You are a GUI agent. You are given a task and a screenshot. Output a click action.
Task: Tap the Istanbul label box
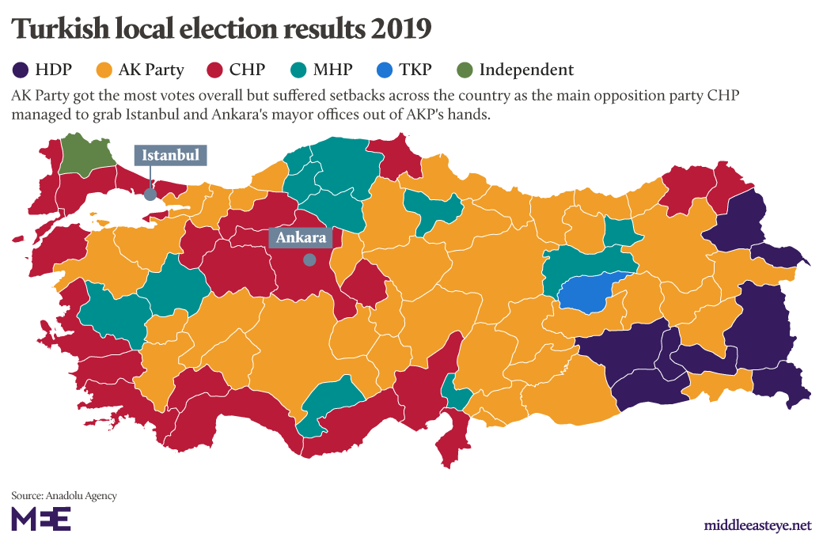(x=170, y=155)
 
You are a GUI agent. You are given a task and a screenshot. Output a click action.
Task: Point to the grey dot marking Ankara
(x=309, y=259)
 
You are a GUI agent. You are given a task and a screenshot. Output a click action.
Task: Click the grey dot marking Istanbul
(x=150, y=191)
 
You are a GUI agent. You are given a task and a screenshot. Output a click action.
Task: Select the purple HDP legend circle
(x=20, y=70)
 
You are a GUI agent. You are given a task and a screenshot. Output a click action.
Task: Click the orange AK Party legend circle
(x=104, y=70)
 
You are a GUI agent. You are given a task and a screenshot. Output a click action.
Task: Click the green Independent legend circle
(x=465, y=70)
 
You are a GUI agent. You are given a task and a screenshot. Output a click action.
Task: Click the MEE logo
(x=41, y=519)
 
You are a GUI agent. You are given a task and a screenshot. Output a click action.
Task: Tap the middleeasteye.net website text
(x=757, y=525)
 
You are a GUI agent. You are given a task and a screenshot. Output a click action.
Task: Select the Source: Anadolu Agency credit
(x=64, y=495)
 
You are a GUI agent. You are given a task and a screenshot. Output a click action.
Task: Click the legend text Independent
(x=526, y=70)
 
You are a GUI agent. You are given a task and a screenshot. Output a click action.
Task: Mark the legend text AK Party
(x=151, y=70)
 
